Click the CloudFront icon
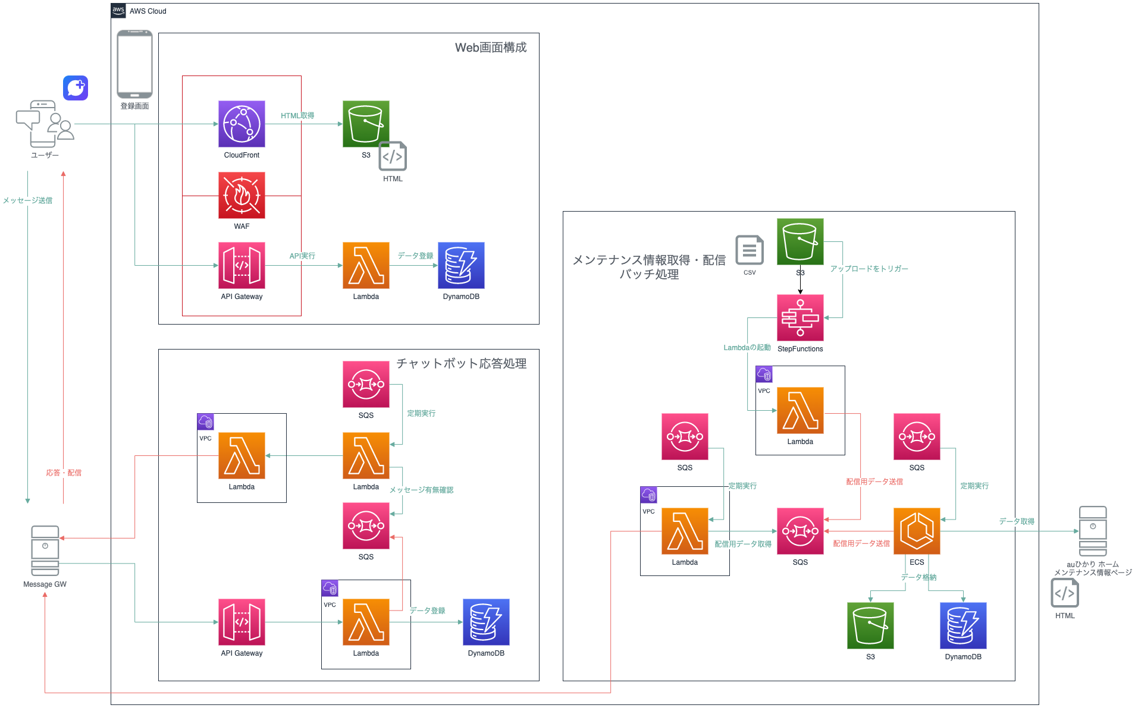(242, 124)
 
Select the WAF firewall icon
(242, 195)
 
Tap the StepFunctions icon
(800, 317)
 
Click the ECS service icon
(917, 531)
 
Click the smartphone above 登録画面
(134, 64)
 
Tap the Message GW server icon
(45, 550)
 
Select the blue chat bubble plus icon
(76, 88)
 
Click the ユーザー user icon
(45, 124)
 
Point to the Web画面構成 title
(491, 48)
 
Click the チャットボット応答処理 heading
(462, 363)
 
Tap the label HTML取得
(297, 116)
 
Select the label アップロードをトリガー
(869, 269)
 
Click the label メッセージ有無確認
(421, 490)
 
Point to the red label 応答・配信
(64, 473)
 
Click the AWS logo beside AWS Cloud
(118, 11)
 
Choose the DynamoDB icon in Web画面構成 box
(461, 265)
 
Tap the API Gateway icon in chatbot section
(242, 622)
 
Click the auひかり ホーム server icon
(1093, 531)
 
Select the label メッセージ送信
(27, 200)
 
